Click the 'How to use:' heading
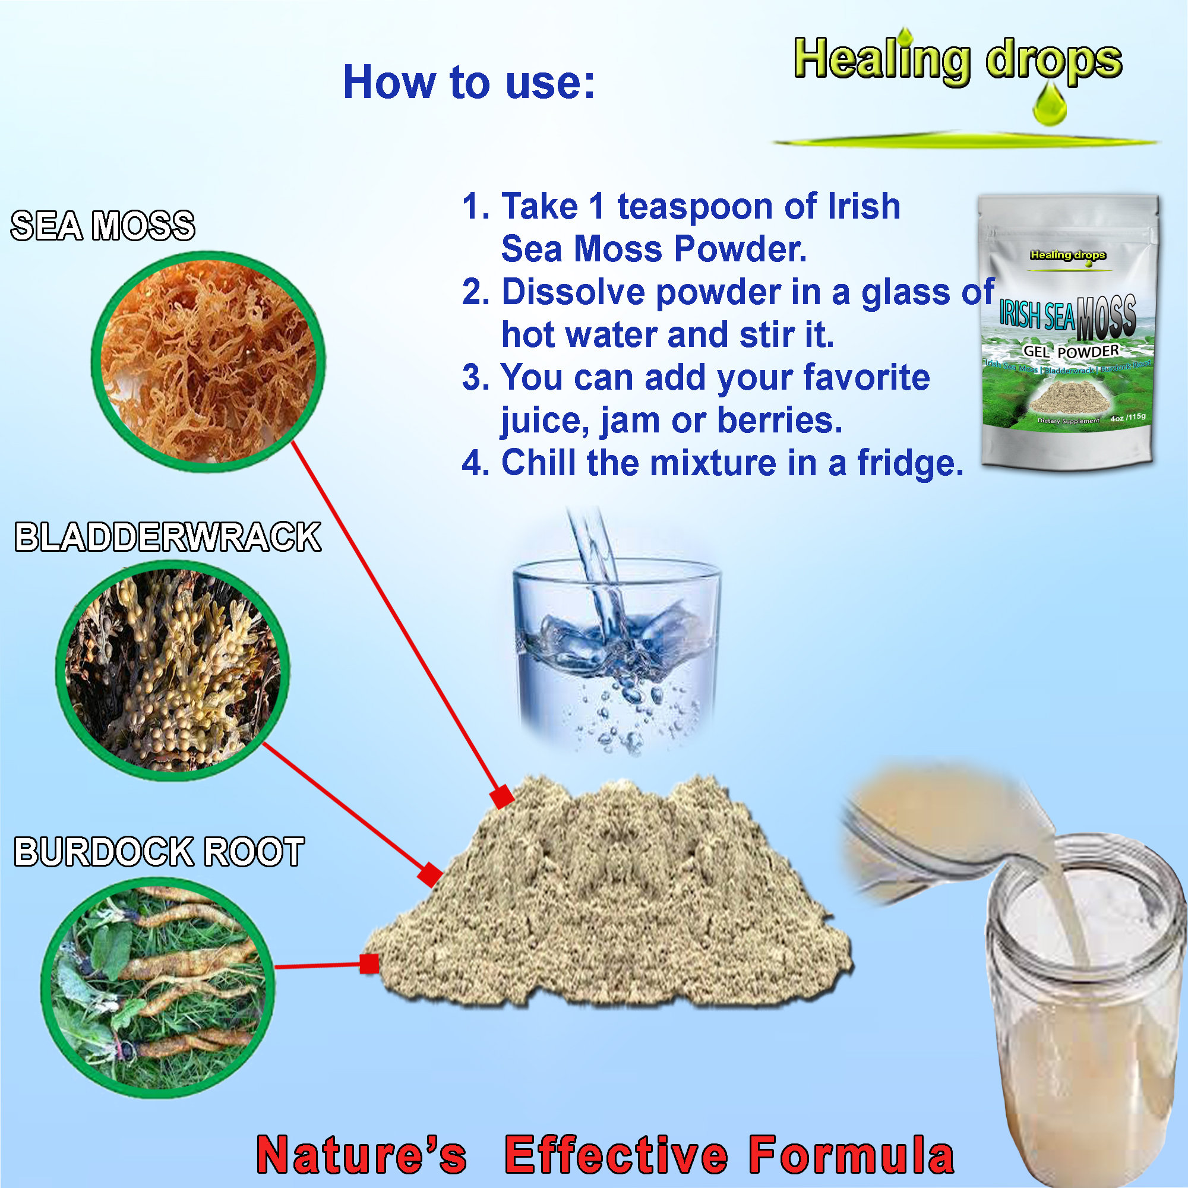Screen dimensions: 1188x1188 [x=469, y=82]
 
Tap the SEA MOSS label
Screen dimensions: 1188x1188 [x=103, y=226]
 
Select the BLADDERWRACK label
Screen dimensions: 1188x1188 [x=168, y=537]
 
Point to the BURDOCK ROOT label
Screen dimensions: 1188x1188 [x=159, y=852]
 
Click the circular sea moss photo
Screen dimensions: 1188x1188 [x=209, y=362]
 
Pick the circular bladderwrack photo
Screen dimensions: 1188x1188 [x=173, y=670]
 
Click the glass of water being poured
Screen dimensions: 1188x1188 [x=616, y=646]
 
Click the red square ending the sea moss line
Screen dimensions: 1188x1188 [x=503, y=797]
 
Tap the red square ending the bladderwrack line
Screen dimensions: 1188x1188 [x=430, y=874]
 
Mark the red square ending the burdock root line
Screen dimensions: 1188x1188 [x=369, y=963]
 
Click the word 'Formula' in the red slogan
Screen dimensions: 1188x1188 [x=851, y=1155]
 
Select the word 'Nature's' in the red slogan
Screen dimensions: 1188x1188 [x=362, y=1155]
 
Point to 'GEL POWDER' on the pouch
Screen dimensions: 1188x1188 [x=1071, y=351]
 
